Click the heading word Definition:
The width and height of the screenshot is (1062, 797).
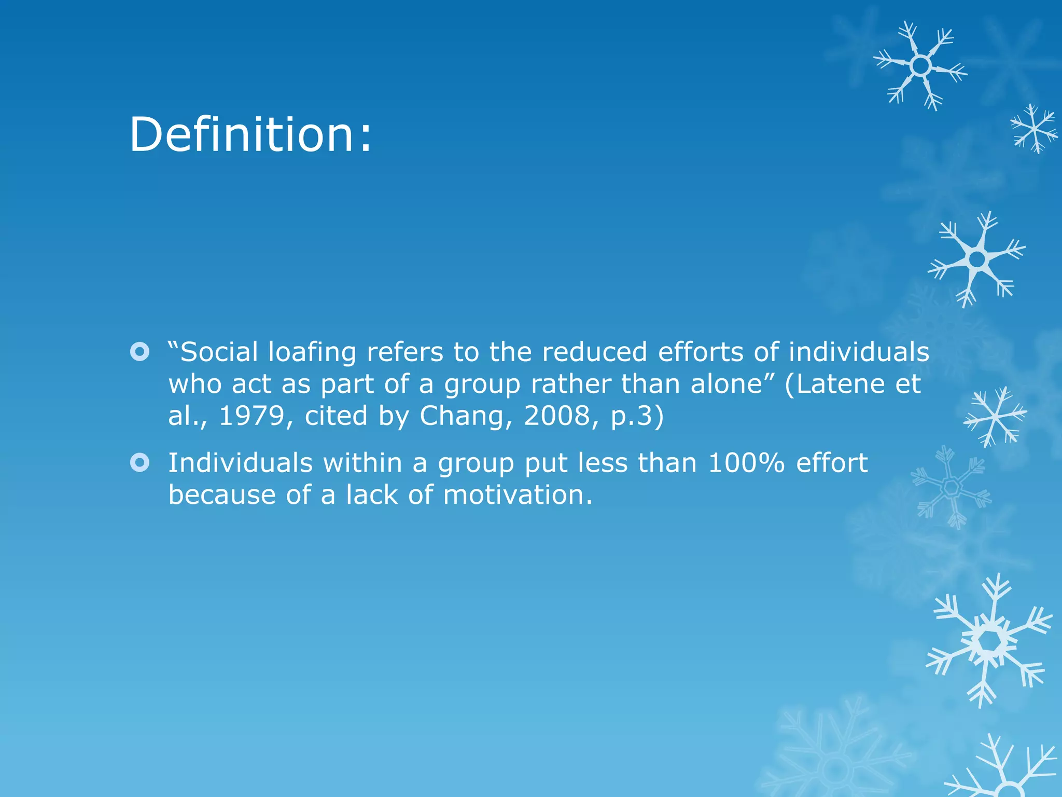(x=250, y=135)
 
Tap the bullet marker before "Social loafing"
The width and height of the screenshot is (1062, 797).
(x=139, y=352)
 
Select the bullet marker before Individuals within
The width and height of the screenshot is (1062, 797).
(x=139, y=462)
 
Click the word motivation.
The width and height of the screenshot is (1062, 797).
(x=517, y=495)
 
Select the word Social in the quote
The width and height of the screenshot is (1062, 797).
(x=218, y=352)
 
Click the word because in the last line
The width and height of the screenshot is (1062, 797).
(x=222, y=495)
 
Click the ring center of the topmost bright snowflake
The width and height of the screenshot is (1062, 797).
(x=920, y=66)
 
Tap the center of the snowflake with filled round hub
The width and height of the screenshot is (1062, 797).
(x=977, y=259)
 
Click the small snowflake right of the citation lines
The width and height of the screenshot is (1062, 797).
(x=995, y=416)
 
